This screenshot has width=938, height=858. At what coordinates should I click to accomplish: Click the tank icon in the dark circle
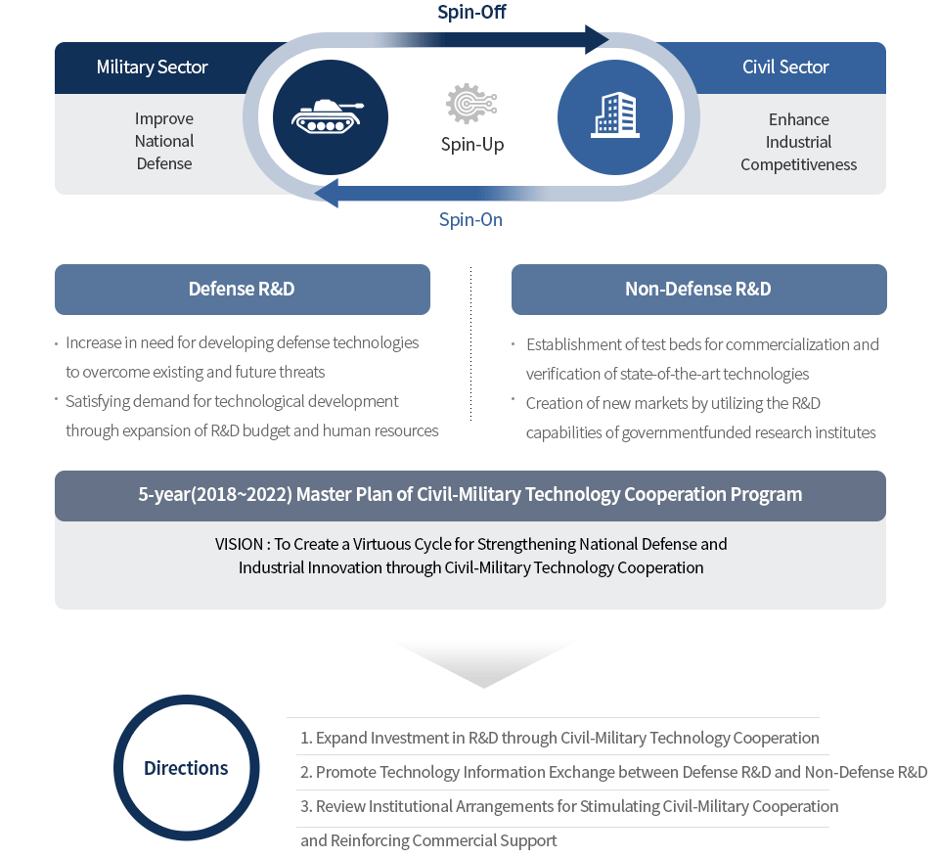(x=328, y=116)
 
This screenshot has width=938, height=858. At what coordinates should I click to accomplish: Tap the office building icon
(x=615, y=115)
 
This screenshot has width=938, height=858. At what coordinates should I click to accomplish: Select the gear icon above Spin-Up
(x=471, y=104)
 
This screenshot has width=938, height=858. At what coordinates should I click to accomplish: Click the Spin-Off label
(x=471, y=12)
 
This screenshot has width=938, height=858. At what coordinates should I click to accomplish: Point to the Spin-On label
(x=470, y=219)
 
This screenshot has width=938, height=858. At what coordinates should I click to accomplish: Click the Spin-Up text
(x=472, y=144)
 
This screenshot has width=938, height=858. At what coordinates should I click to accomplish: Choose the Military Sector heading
(x=152, y=67)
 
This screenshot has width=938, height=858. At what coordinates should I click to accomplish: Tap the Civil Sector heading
(x=785, y=67)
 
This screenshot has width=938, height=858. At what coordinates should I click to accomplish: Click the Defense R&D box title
(x=242, y=289)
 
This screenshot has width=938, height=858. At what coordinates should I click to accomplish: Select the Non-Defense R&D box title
(x=698, y=289)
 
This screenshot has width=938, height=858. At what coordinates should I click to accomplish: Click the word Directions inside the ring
(x=186, y=768)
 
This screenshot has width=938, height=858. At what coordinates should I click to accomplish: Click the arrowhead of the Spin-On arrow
(x=327, y=194)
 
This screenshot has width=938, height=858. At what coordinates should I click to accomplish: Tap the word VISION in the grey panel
(x=239, y=544)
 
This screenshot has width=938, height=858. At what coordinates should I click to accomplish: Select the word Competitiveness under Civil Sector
(x=798, y=164)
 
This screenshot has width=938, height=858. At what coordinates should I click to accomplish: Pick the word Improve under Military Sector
(x=164, y=118)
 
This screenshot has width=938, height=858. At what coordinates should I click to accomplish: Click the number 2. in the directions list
(x=306, y=772)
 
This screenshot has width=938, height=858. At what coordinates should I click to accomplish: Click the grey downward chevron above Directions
(x=483, y=663)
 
